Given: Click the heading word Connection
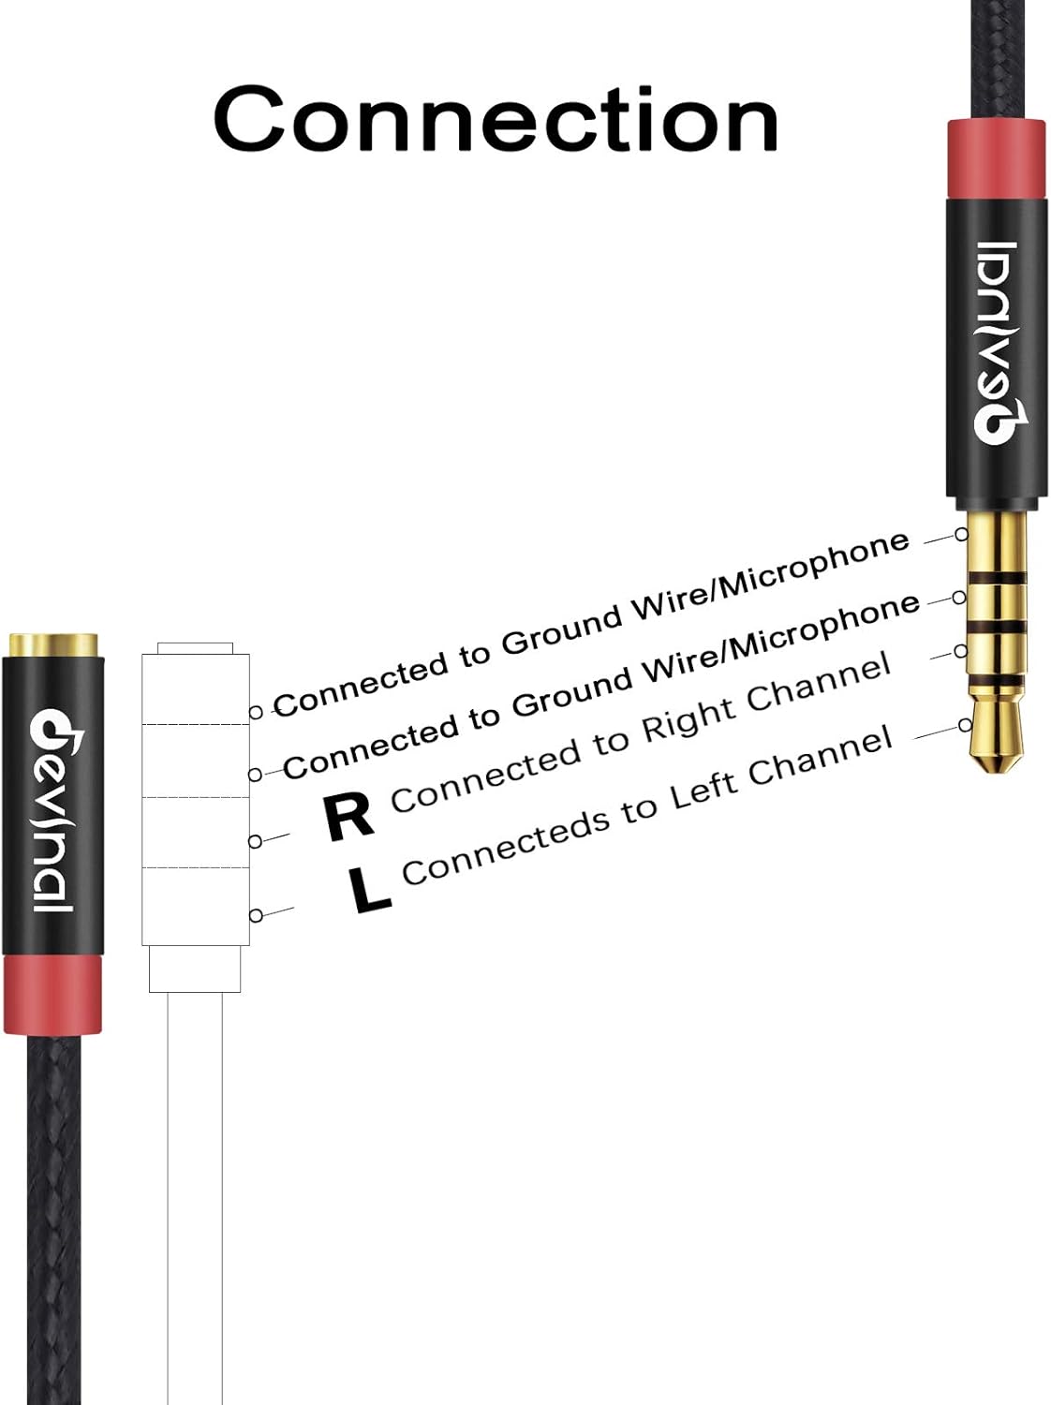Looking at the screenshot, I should pyautogui.click(x=496, y=119).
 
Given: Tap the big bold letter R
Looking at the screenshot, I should pyautogui.click(x=348, y=817).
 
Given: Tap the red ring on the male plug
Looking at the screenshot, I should pyautogui.click(x=995, y=159).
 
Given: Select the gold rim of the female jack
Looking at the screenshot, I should pyautogui.click(x=53, y=645).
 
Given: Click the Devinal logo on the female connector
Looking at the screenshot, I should pyautogui.click(x=52, y=811).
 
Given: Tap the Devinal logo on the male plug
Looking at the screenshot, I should pyautogui.click(x=996, y=342).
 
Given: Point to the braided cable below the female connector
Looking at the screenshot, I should pyautogui.click(x=52, y=1218).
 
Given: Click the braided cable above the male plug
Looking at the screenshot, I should pyautogui.click(x=995, y=56).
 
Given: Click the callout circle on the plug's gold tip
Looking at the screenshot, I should pyautogui.click(x=965, y=725).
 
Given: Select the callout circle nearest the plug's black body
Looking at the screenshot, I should pyautogui.click(x=961, y=534).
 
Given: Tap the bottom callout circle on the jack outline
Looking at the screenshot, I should pyautogui.click(x=255, y=915).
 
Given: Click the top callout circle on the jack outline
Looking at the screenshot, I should pyautogui.click(x=255, y=712).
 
